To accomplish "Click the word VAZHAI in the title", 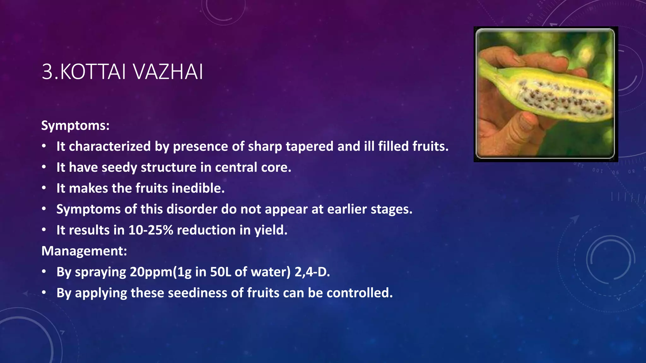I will [x=168, y=72].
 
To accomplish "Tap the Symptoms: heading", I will [x=75, y=125].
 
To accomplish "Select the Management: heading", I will [x=84, y=251].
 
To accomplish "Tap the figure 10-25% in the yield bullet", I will [x=151, y=230].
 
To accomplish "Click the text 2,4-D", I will [x=312, y=272].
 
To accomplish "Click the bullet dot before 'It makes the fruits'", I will [x=44, y=188].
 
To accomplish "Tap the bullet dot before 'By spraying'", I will [x=44, y=272].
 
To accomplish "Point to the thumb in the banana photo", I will [x=520, y=126].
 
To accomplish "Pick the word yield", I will [x=271, y=230].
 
